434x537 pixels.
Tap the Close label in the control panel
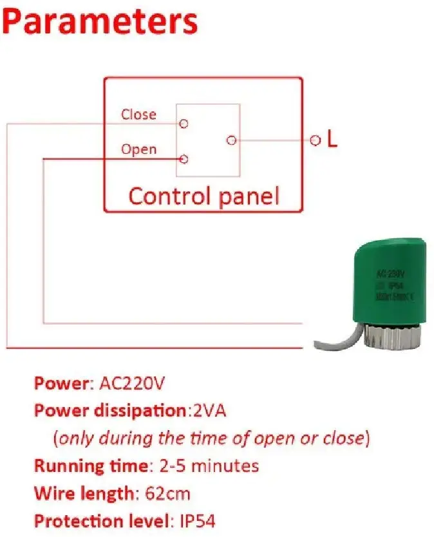[138, 115]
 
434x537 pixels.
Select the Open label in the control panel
[138, 149]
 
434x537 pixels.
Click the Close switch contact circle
[184, 122]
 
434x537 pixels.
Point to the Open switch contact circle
[184, 158]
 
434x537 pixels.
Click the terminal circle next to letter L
[315, 140]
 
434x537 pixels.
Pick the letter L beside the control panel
[332, 140]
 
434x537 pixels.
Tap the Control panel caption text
[203, 196]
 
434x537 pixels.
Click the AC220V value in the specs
[133, 384]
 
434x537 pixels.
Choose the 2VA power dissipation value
[209, 410]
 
